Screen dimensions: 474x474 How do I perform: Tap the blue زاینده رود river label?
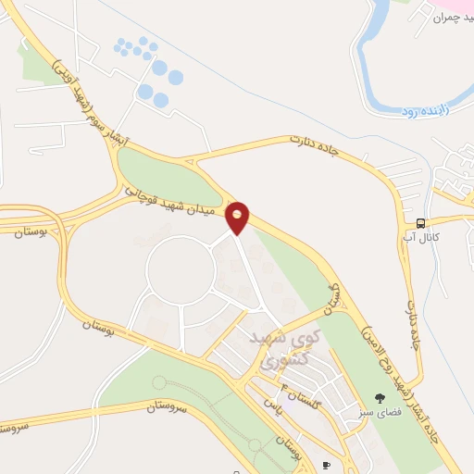point(425,111)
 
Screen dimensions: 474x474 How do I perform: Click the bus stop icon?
point(421,223)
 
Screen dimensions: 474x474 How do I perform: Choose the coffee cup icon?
point(326,464)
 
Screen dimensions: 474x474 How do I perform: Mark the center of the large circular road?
point(181,268)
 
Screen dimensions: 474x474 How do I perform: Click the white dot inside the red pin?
point(238,213)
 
